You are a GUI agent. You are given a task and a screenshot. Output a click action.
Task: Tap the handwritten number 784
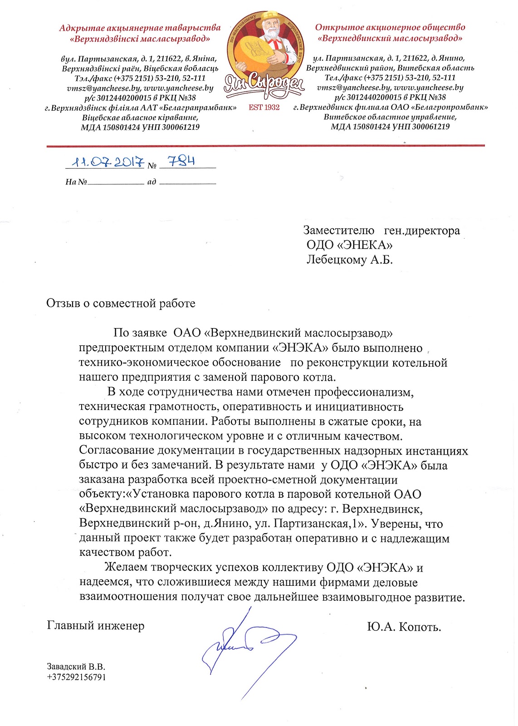click(181, 161)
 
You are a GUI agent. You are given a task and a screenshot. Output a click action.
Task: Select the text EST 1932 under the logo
click(264, 108)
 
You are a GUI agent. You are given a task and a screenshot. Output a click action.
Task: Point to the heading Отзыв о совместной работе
click(121, 304)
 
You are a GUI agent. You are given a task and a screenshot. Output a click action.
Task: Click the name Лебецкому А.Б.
click(349, 260)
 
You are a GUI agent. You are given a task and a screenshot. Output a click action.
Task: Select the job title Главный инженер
click(96, 626)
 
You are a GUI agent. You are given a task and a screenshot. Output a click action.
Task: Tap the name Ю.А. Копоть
click(404, 627)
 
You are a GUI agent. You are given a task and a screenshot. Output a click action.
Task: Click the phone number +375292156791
click(76, 677)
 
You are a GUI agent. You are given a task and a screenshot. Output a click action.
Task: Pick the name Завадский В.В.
click(76, 667)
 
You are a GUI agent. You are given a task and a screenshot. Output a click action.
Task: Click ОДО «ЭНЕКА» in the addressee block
click(349, 245)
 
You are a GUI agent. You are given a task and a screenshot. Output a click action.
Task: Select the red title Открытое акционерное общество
click(390, 27)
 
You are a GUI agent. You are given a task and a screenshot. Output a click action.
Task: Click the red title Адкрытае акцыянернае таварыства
click(140, 28)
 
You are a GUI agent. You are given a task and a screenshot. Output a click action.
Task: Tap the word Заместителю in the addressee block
click(338, 231)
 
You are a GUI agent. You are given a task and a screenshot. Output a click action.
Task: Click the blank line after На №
click(115, 182)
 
